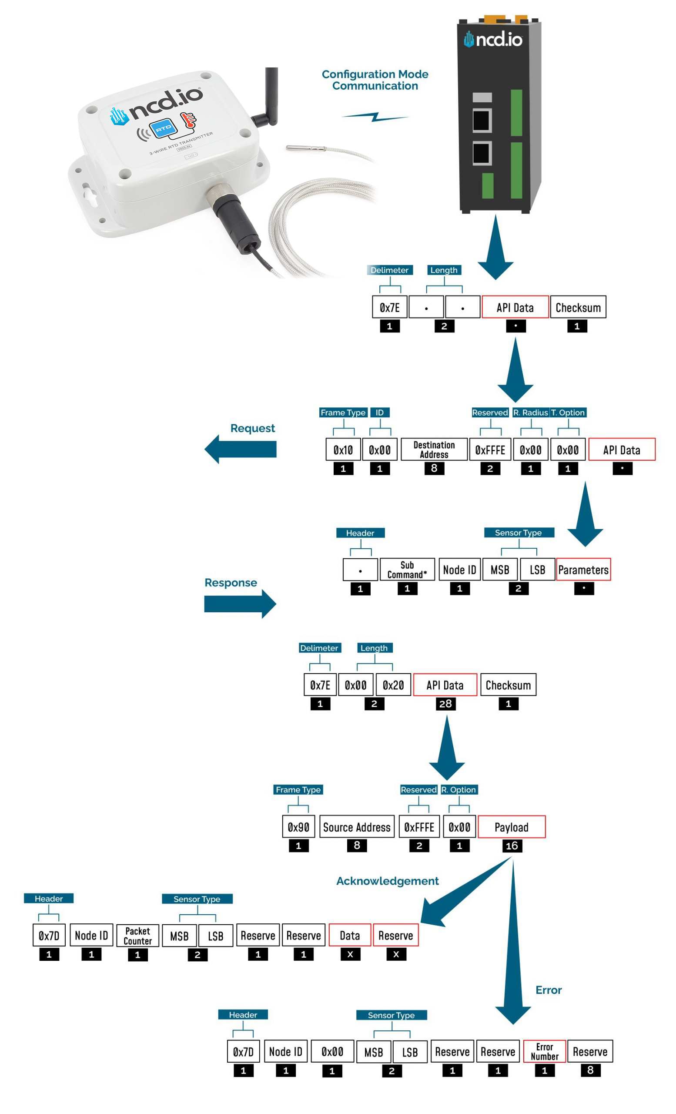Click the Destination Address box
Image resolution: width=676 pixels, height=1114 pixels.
tap(434, 450)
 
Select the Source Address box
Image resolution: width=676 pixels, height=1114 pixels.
tap(357, 827)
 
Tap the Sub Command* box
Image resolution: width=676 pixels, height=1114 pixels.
tap(407, 570)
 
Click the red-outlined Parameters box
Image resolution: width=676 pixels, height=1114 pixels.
tap(583, 570)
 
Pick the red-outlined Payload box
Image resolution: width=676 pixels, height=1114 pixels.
tap(511, 827)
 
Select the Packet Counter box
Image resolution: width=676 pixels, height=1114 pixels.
tap(137, 936)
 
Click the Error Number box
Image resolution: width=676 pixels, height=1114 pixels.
tap(544, 1052)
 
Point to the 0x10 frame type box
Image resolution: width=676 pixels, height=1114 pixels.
tap(343, 450)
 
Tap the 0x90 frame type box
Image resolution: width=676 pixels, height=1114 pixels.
tap(298, 827)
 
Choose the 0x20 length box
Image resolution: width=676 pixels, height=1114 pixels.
tap(393, 685)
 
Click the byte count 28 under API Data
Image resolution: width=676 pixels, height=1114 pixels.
tap(445, 704)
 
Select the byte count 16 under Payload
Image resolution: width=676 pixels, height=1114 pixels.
tap(511, 846)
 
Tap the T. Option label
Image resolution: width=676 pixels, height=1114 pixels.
tap(568, 413)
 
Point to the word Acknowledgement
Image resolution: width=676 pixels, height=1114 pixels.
tap(387, 881)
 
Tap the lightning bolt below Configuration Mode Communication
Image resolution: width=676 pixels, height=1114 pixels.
tap(375, 117)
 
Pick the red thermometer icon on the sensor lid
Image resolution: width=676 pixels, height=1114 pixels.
tap(188, 120)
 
